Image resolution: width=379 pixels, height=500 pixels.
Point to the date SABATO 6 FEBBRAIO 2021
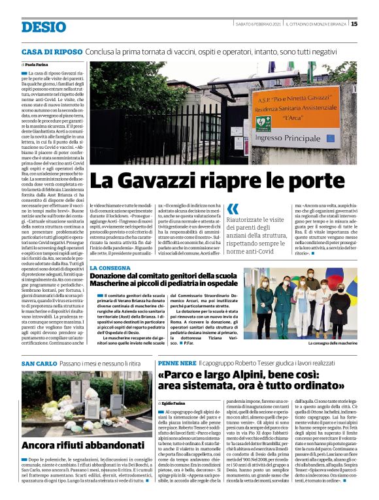(x=257, y=24)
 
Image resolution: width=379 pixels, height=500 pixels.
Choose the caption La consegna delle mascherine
(x=332, y=342)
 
